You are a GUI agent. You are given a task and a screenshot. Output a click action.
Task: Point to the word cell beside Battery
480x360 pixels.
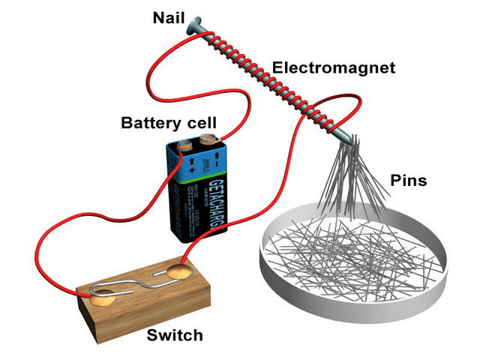pos(202,122)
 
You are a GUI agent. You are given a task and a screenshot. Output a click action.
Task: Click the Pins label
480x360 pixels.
pos(409,181)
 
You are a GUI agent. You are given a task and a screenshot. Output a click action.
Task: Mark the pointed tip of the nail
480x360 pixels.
pos(354,142)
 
